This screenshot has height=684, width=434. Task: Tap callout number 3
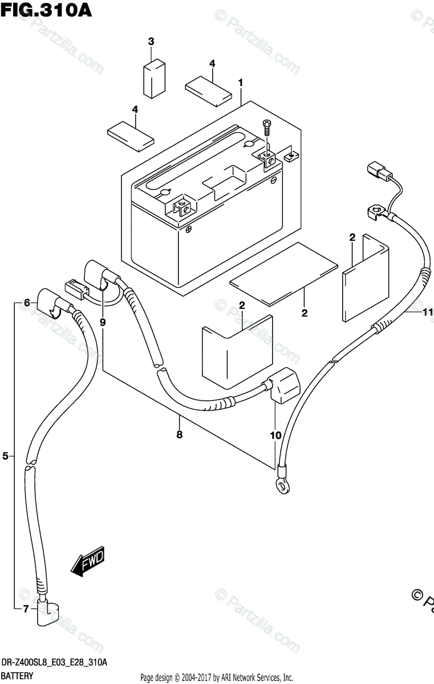pyautogui.click(x=151, y=41)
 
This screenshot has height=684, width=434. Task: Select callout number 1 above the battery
pyautogui.click(x=241, y=83)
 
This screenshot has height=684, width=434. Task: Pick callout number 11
pyautogui.click(x=428, y=312)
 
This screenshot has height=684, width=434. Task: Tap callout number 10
pyautogui.click(x=276, y=435)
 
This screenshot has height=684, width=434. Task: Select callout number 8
pyautogui.click(x=179, y=435)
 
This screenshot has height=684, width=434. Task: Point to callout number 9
pyautogui.click(x=103, y=322)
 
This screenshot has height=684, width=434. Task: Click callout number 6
pyautogui.click(x=26, y=303)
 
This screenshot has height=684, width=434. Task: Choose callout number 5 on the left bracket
pyautogui.click(x=6, y=455)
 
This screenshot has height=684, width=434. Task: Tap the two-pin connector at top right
pyautogui.click(x=379, y=171)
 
